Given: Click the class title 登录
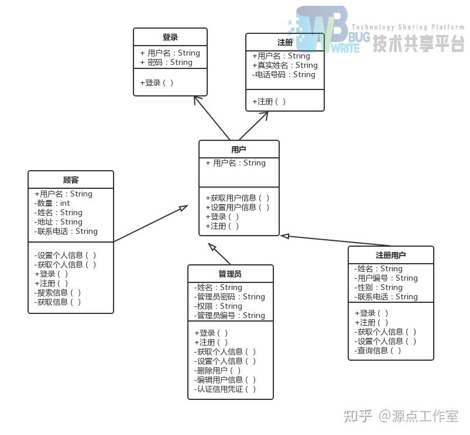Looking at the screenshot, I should (x=170, y=37).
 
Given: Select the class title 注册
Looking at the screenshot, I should (x=285, y=43).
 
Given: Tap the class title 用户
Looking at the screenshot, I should (x=239, y=150).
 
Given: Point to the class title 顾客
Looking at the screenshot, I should (x=71, y=180).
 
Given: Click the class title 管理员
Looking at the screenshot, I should (x=230, y=274).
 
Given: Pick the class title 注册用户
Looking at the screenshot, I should (x=391, y=256).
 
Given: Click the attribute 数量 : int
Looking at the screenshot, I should (x=52, y=203).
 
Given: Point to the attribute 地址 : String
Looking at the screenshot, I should (x=58, y=222).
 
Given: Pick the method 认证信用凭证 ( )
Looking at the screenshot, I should (x=225, y=389).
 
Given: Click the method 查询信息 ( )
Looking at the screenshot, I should (x=378, y=351).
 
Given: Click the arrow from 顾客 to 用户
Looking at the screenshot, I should (x=150, y=223).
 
